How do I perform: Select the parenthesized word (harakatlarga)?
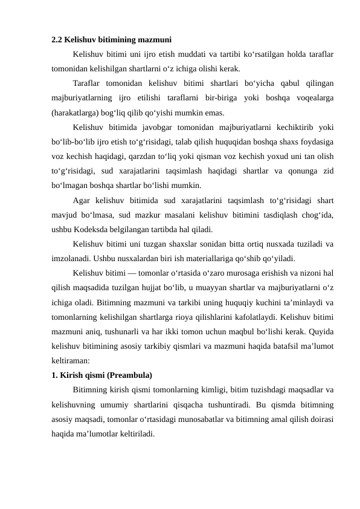[76, 112]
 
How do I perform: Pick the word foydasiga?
[316, 141]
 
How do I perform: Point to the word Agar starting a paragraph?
[82, 200]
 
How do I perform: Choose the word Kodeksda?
[92, 229]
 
